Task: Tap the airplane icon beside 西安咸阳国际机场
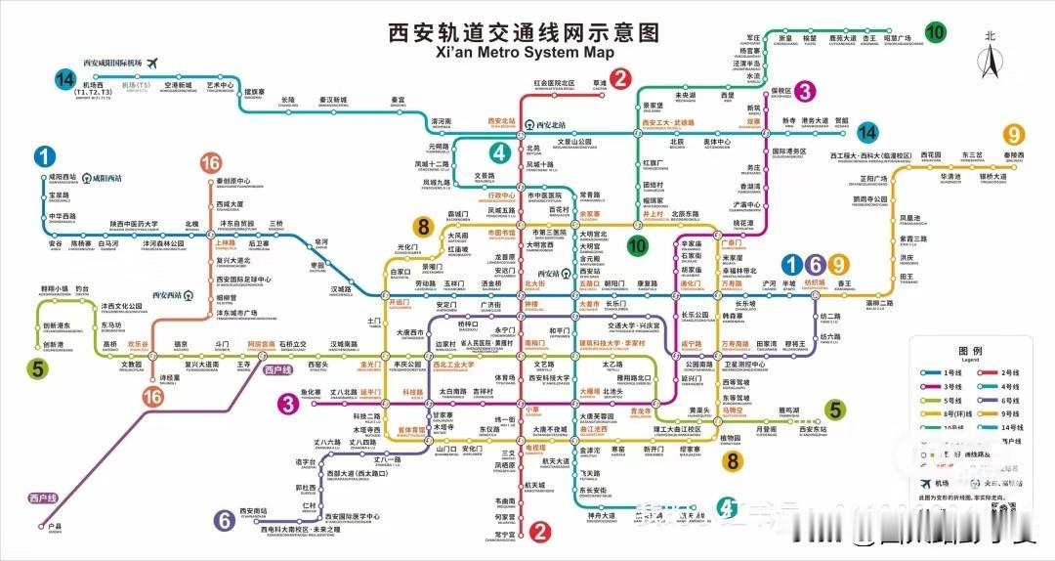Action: coord(152,62)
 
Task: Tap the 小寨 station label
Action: coord(532,410)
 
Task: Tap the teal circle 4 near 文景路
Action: coord(500,152)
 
